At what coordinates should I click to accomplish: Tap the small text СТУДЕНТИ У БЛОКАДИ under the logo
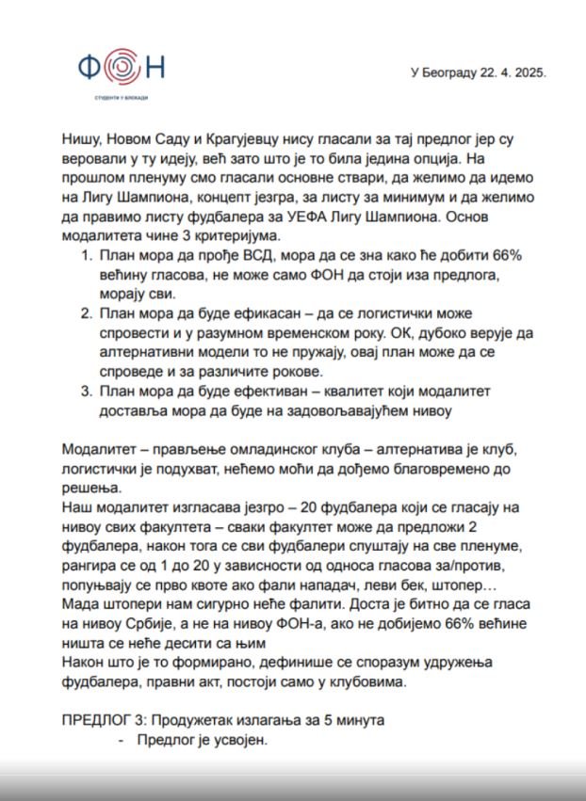(123, 98)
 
